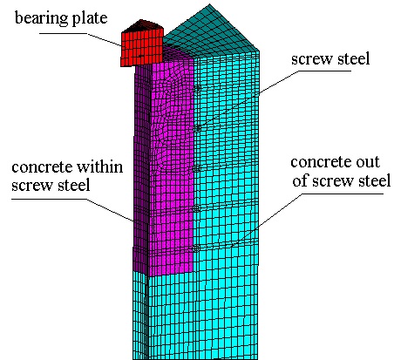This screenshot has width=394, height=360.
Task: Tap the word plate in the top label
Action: click(x=90, y=18)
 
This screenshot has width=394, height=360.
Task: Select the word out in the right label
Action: click(x=368, y=162)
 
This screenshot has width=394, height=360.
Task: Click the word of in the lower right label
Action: click(x=300, y=180)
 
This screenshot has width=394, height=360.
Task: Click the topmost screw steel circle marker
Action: click(x=197, y=88)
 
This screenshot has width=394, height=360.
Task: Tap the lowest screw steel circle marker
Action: click(x=196, y=248)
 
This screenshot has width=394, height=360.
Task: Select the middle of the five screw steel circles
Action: click(x=197, y=168)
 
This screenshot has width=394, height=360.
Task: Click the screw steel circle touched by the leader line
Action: click(x=197, y=128)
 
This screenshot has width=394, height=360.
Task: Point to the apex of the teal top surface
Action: click(x=209, y=4)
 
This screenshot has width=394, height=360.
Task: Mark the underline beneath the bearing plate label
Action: click(x=63, y=33)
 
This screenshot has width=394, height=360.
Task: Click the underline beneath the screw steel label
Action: click(x=325, y=71)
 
